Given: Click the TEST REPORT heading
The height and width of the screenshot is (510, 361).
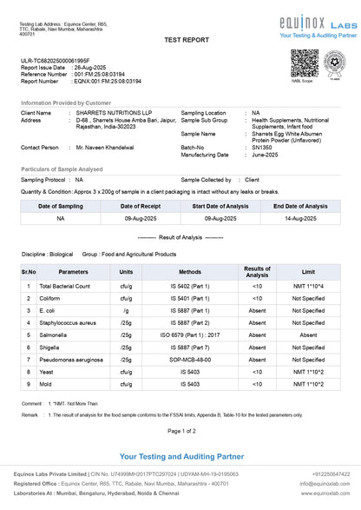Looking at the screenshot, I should coord(180,41).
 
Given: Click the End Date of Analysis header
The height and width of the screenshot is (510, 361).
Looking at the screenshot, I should coord(300,206).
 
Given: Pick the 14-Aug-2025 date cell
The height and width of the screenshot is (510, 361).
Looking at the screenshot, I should coord(300,219).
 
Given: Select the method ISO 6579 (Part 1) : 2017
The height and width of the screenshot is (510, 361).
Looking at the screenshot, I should coord(190,334).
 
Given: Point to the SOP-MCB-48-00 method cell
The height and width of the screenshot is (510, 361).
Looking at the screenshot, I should coord(190,359).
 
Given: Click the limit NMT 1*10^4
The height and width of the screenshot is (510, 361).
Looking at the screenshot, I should coord(308,285).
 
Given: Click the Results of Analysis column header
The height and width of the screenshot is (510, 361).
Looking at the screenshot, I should coord(257,271).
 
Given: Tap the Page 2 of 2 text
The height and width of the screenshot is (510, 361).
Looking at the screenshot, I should coord(180,431).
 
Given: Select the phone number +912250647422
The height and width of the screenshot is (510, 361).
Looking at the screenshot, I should coord(331,474).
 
